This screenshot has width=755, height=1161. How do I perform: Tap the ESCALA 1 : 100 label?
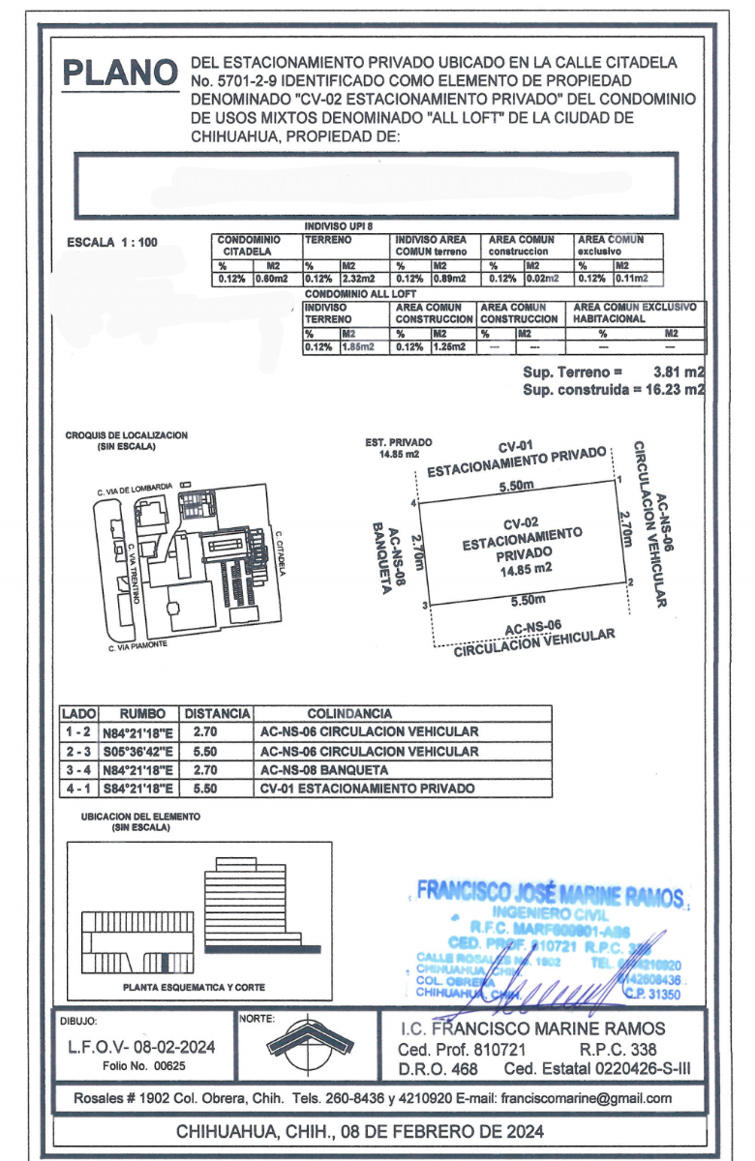coord(109,243)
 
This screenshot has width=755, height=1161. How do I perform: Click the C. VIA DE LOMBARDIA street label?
coord(135,489)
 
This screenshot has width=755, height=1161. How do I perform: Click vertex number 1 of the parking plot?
coord(619,480)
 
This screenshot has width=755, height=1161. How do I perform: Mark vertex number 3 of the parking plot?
coord(425,606)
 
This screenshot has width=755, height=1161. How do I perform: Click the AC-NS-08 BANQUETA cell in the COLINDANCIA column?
coord(324,770)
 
